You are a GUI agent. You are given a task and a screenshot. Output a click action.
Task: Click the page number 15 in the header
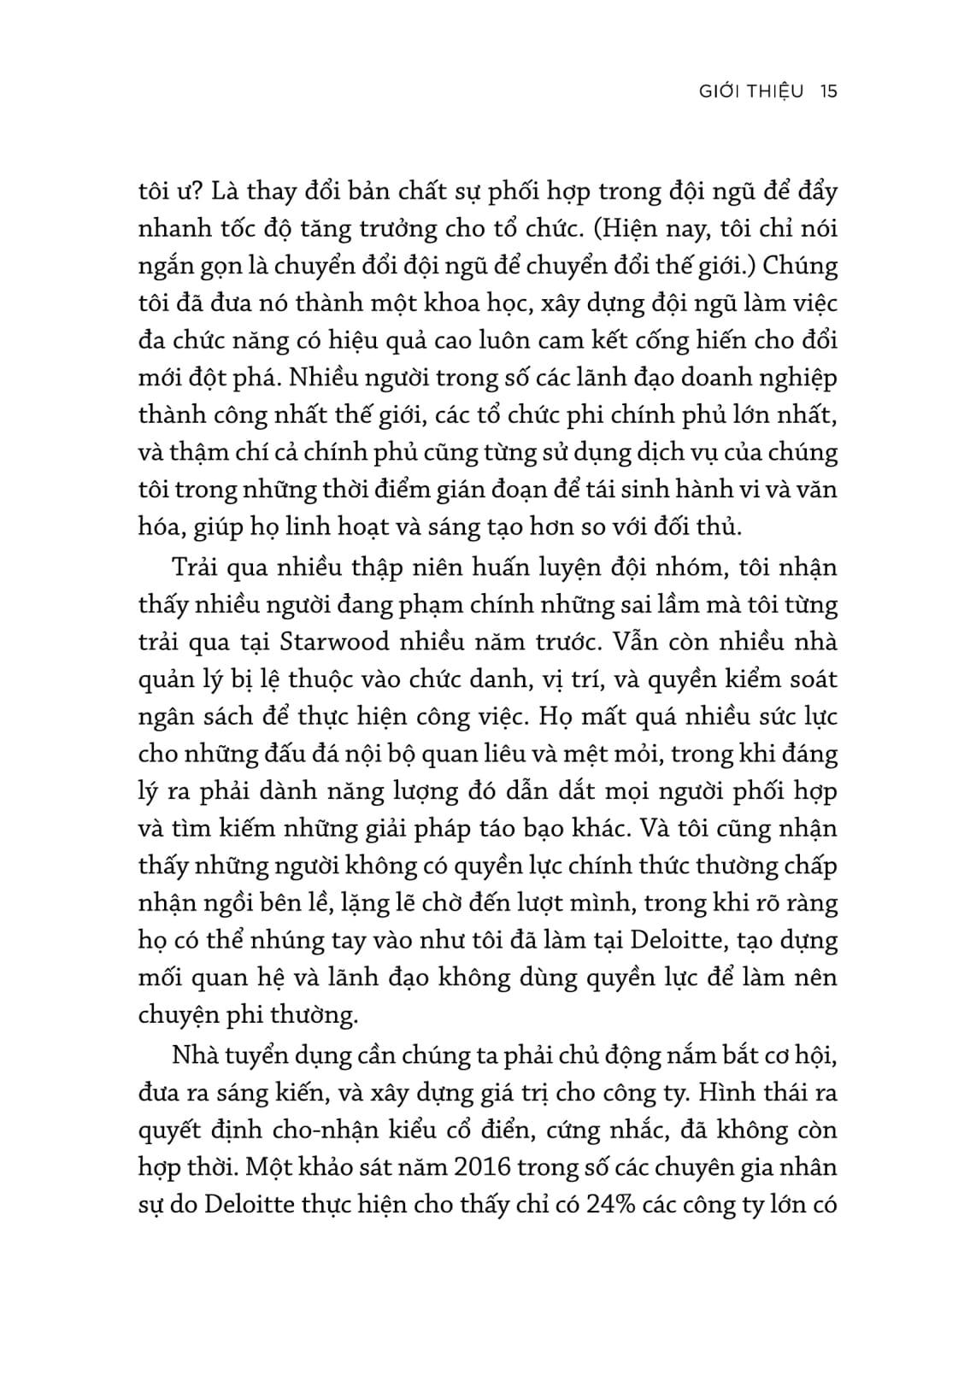(x=826, y=91)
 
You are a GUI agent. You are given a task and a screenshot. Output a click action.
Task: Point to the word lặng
(x=379, y=903)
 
